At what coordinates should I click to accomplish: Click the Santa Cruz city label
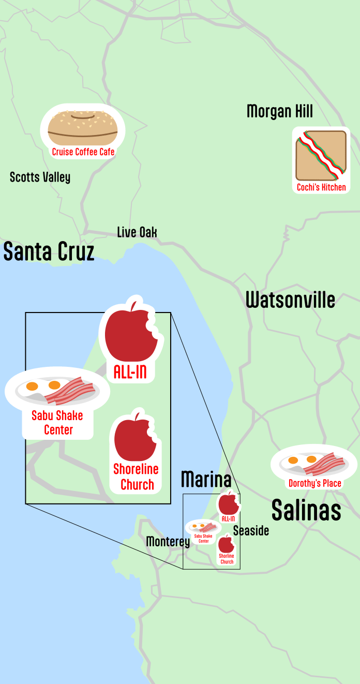coord(49,252)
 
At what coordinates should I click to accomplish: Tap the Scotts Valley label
coord(40,177)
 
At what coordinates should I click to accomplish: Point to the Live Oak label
coord(137,232)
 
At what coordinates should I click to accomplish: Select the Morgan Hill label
coord(279,111)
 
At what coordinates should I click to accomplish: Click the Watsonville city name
coord(290,300)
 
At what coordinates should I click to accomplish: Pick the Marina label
coord(206,480)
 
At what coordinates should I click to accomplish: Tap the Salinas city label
coord(306,510)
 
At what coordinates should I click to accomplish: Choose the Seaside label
coord(251,531)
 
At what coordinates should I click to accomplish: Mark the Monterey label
coord(168,542)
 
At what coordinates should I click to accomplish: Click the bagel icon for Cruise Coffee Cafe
coord(83,128)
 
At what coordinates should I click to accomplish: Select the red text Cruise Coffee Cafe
coord(83,152)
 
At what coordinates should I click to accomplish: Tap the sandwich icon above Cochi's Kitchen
coord(321,155)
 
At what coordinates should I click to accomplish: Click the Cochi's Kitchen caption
coord(321,187)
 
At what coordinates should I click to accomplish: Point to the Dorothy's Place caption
coord(314,484)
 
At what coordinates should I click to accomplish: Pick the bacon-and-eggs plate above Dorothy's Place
coord(313,462)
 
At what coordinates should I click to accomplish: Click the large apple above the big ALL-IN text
coord(130,331)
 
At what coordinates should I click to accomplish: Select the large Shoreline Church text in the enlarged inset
coord(136,477)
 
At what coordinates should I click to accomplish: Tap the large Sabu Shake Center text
coord(57,422)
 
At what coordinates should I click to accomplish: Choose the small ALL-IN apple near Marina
coord(228,503)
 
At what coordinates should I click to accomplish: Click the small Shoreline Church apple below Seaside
coord(226,544)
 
